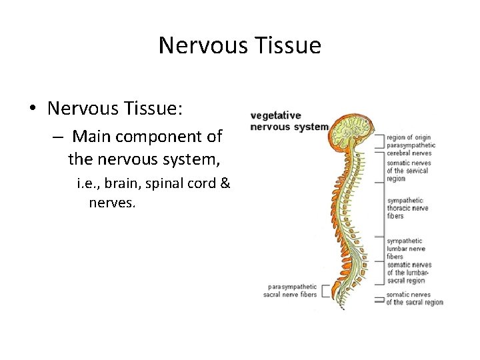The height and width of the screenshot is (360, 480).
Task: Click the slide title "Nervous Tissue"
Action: coord(240,45)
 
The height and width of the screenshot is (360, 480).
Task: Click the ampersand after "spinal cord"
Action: coord(225,183)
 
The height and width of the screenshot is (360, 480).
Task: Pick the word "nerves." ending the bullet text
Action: coord(112,201)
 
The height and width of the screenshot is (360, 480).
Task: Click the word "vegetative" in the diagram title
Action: coord(275,115)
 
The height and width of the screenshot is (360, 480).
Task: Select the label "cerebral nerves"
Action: coord(409,153)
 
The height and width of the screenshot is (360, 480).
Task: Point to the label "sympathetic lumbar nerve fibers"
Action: coord(405,249)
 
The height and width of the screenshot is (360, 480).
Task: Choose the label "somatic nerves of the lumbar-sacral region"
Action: coord(409,273)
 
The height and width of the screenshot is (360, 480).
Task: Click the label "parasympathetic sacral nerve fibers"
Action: coord(290,291)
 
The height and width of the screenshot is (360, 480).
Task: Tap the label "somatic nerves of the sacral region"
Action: coord(414,299)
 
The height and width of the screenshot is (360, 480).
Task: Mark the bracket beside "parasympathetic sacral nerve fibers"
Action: coord(326,291)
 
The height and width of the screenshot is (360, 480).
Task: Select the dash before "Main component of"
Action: coord(59,137)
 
